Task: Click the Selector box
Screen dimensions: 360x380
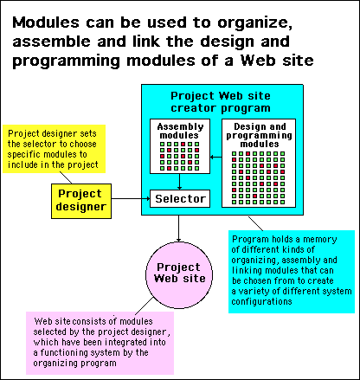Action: click(x=180, y=198)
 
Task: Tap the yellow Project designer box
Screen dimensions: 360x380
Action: click(x=81, y=201)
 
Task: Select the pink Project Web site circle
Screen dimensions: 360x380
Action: click(x=179, y=275)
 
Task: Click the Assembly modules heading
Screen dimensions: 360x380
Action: click(x=180, y=131)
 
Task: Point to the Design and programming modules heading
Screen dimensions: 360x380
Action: click(x=259, y=135)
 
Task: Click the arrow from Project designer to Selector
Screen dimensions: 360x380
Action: click(x=131, y=198)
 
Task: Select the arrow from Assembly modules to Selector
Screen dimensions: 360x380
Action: click(x=179, y=182)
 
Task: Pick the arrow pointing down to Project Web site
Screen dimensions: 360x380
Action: click(x=178, y=229)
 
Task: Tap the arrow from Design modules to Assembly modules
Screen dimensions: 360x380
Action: click(x=216, y=158)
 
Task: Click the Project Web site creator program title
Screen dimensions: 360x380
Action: click(x=221, y=102)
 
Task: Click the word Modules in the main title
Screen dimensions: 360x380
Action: click(x=46, y=23)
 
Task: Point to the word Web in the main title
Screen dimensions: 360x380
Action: click(x=258, y=61)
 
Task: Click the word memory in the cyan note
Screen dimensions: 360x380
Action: click(x=320, y=240)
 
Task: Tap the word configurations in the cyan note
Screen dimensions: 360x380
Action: click(x=261, y=302)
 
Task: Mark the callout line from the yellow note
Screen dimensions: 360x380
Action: click(x=66, y=177)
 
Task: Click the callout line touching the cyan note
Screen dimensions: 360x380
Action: click(x=255, y=223)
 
